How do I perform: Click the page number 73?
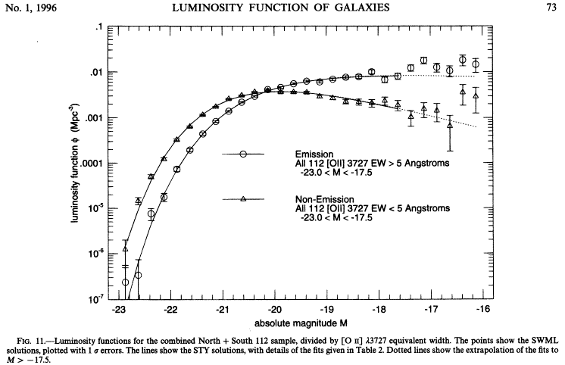coord(551,8)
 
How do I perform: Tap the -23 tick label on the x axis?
coord(118,310)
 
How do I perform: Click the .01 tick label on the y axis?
coord(95,73)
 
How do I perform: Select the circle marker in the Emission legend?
coord(244,154)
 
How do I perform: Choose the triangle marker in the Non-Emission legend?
coord(244,199)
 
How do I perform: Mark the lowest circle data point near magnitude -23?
coord(126,282)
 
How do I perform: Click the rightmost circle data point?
coord(476,64)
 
